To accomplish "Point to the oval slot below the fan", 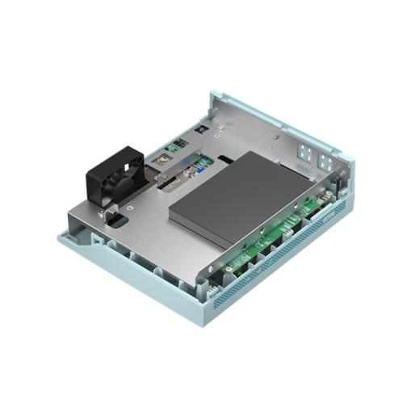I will click(x=115, y=219).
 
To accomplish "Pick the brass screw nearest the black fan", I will click(x=161, y=164).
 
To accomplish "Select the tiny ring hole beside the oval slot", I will click(x=129, y=212).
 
